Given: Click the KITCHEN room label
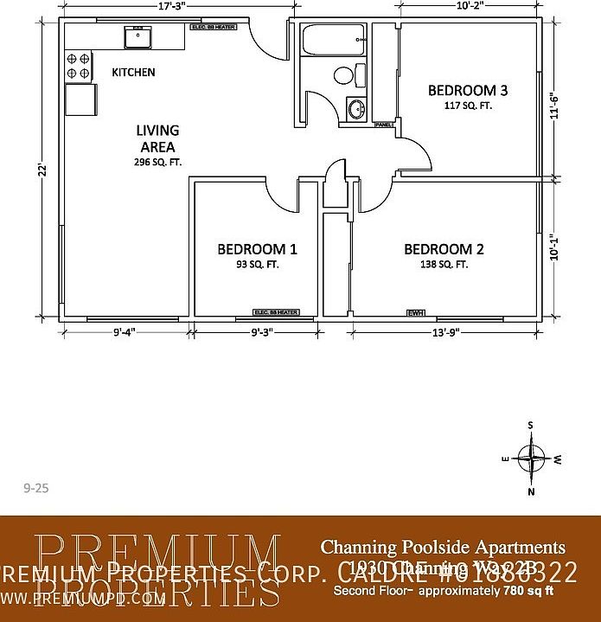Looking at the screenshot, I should click(133, 73).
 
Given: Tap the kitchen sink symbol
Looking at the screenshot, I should click(137, 36).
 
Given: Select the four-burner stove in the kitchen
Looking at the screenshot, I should click(79, 66).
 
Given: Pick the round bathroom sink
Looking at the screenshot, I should click(355, 109).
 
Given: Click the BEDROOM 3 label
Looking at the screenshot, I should click(467, 91).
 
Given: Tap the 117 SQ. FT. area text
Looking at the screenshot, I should click(467, 106).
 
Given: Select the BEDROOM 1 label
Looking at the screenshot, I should click(257, 249).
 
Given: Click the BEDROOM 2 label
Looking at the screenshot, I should click(444, 249).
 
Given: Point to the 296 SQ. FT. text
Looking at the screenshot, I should click(157, 162).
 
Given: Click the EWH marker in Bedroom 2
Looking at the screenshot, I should click(416, 312).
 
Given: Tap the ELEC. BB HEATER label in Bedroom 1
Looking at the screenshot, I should click(276, 312).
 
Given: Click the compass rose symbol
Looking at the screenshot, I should click(531, 457).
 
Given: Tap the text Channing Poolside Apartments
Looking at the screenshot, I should click(443, 547).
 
